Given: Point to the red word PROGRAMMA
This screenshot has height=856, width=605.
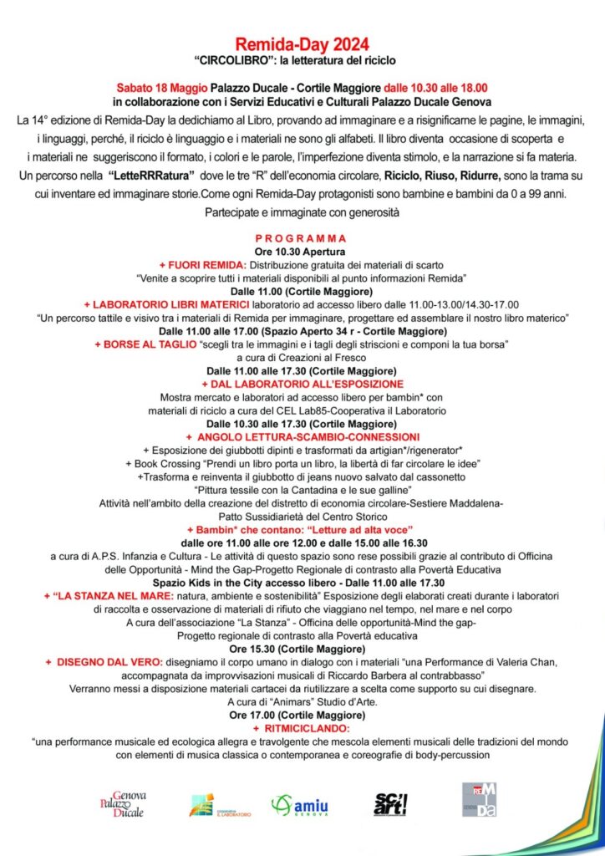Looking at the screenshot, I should click(302, 238).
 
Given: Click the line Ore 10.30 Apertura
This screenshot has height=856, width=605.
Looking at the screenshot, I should click(302, 252).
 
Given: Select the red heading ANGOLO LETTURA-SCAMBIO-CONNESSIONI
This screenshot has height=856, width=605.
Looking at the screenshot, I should click(302, 436).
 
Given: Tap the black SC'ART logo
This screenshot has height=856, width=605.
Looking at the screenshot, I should click(390, 804).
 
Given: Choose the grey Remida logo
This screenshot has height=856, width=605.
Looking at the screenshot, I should click(479, 801).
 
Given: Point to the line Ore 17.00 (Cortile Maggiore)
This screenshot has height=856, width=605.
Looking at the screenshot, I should click(302, 716).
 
